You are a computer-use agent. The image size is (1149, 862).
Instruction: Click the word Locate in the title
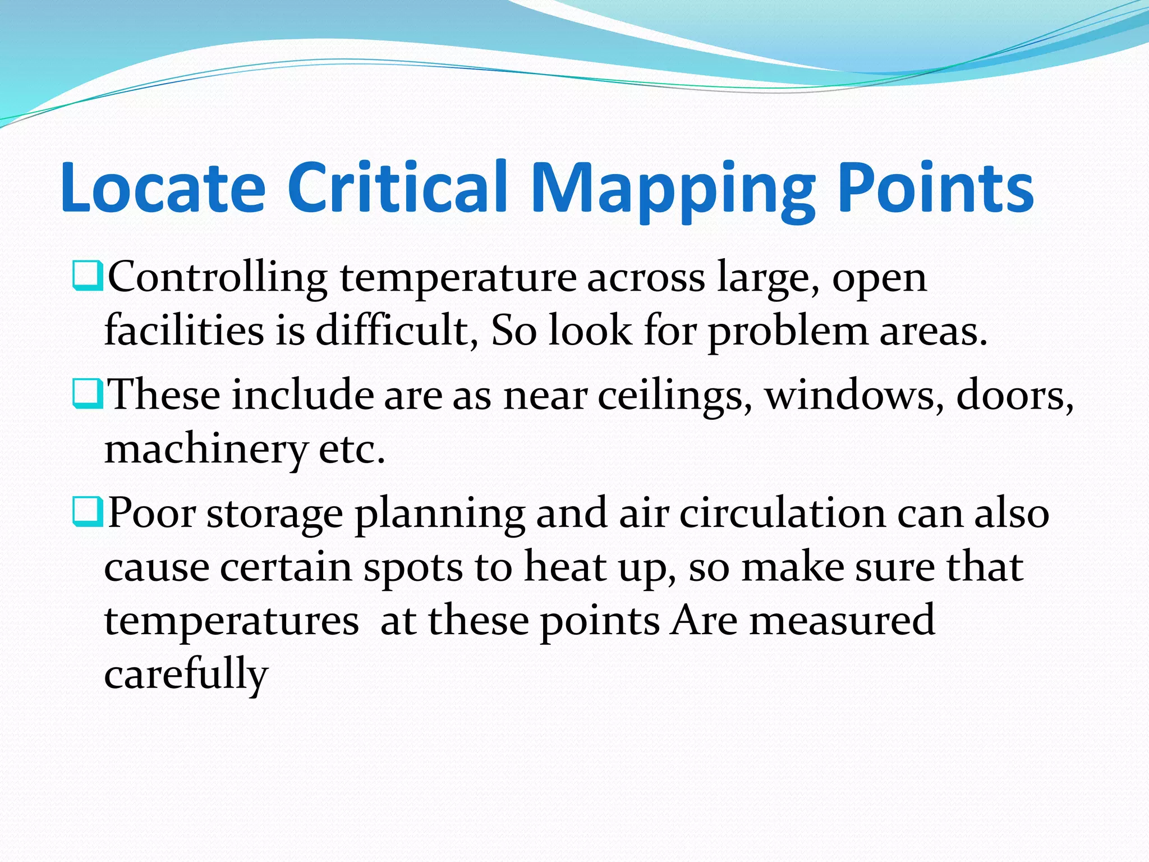[163, 188]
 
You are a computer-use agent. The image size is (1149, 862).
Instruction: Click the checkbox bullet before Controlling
[87, 276]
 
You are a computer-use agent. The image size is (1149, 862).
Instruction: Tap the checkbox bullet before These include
[87, 394]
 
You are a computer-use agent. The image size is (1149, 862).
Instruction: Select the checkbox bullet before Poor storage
[87, 512]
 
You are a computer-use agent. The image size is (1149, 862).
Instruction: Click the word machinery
[205, 451]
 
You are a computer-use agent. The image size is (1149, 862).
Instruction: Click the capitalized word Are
[705, 621]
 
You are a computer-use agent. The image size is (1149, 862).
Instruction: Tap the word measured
[842, 621]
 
